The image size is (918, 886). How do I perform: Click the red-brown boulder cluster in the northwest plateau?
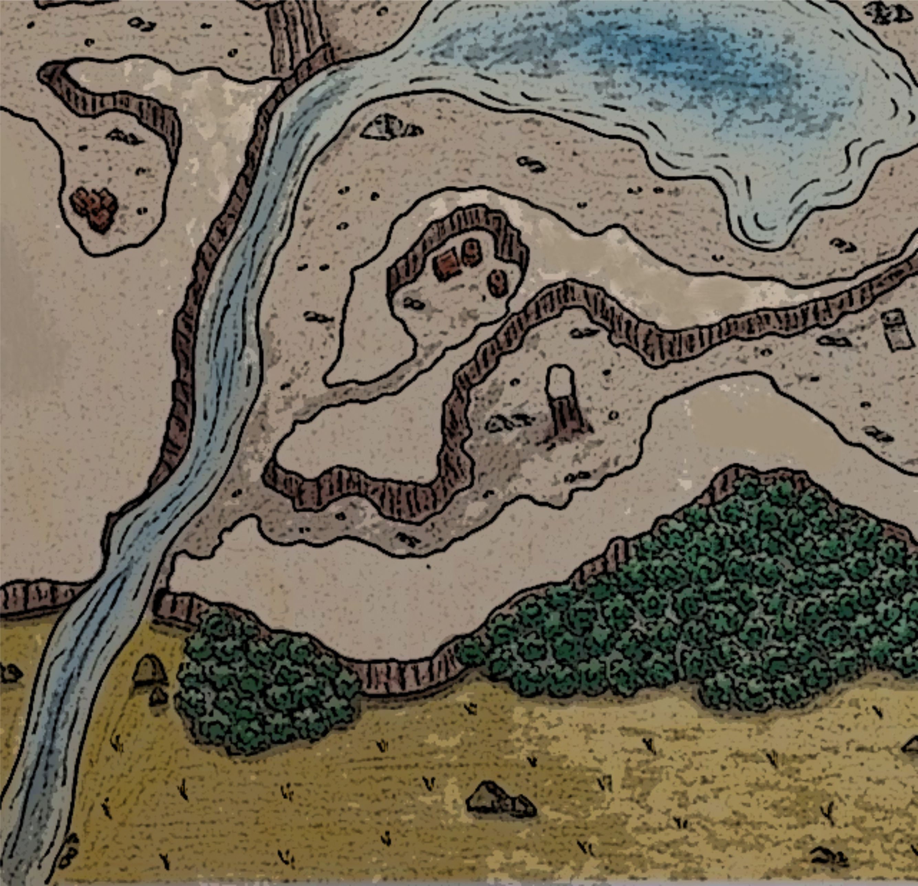tap(94, 209)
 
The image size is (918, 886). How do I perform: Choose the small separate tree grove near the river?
tap(262, 679)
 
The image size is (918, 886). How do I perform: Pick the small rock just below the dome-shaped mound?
tap(158, 697)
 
